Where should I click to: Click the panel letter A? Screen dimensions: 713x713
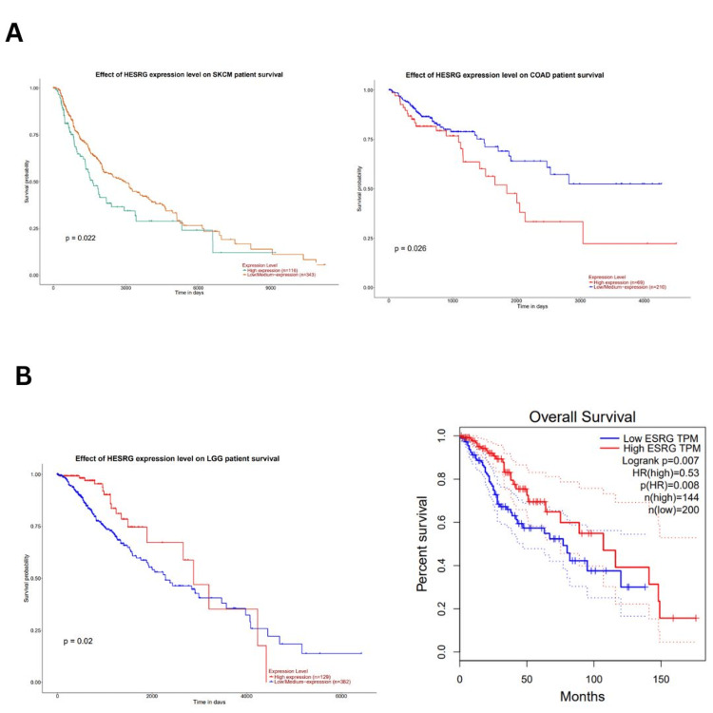pyautogui.click(x=14, y=33)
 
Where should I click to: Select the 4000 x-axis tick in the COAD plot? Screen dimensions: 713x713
pyautogui.click(x=644, y=299)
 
